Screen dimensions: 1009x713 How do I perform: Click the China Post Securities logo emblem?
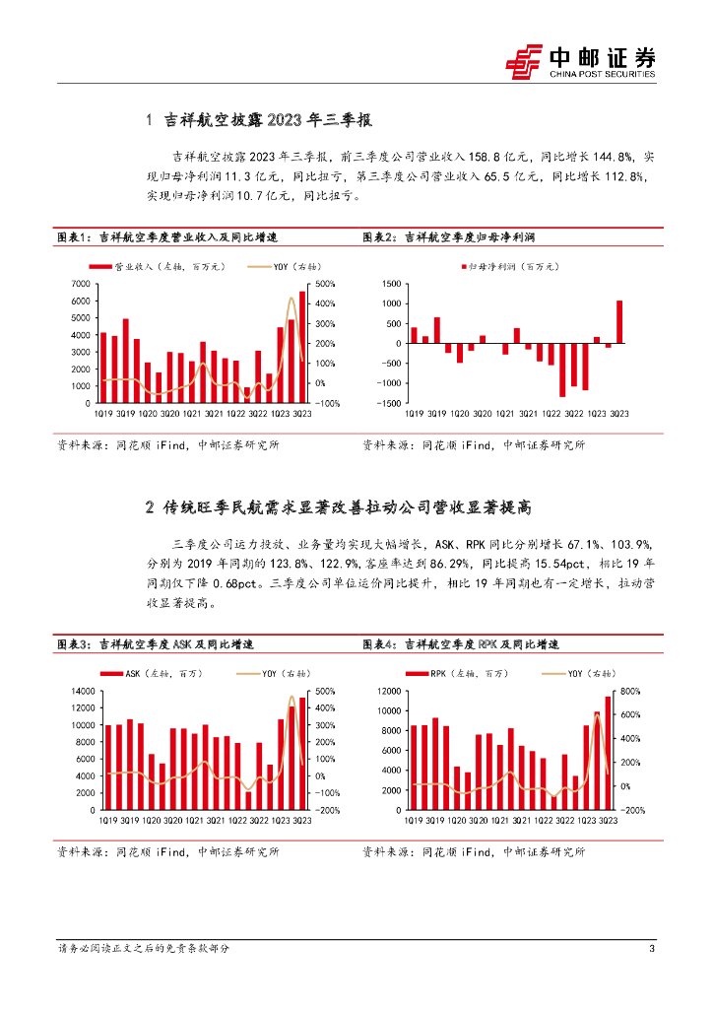coord(524,60)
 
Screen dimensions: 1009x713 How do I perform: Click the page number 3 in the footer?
coord(652,949)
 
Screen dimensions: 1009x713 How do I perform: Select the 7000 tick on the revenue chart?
coord(82,285)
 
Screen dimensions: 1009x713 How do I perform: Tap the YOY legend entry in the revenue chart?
coord(278,267)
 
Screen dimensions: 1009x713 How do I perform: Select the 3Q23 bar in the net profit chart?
coord(619,322)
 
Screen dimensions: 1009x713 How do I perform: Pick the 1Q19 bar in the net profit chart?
coord(415,335)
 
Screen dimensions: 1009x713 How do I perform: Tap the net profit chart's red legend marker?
coord(464,267)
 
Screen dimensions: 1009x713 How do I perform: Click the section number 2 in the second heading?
coord(148,508)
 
